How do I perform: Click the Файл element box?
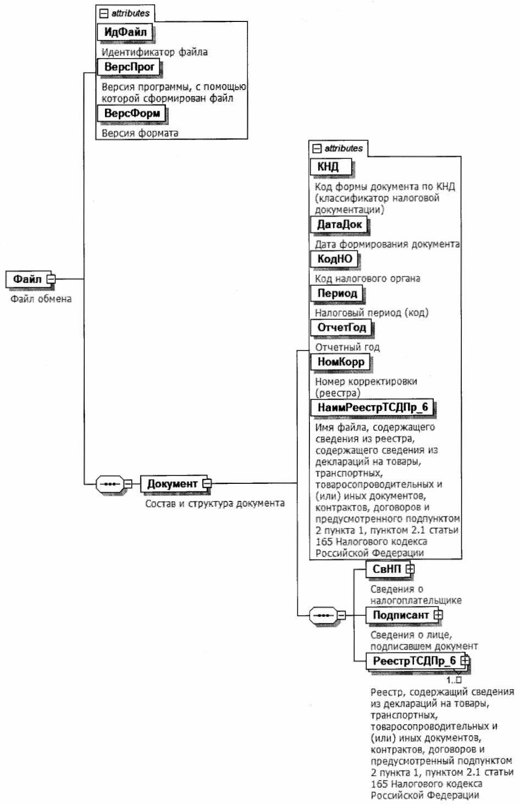[x=27, y=279]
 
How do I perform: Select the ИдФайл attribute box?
[x=125, y=32]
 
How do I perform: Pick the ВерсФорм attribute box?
[x=132, y=114]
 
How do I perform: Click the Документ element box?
[x=172, y=484]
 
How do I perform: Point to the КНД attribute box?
[x=329, y=166]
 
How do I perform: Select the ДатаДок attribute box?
[x=339, y=224]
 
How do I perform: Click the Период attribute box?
[x=337, y=293]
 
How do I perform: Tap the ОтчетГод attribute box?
[x=341, y=328]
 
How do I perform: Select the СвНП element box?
[x=387, y=569]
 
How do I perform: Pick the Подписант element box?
[x=400, y=615]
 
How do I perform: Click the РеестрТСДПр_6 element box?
[x=414, y=661]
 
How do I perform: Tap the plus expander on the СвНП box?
[x=410, y=569]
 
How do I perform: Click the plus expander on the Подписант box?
[x=438, y=615]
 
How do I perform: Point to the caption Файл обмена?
[x=41, y=299]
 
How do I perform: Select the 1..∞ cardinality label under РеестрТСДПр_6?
[x=454, y=680]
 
